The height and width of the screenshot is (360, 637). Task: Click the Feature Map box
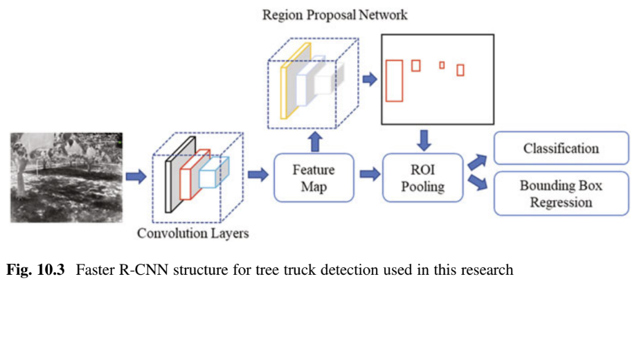[314, 178]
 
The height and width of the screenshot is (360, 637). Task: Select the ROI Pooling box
[424, 178]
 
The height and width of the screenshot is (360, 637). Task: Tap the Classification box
[561, 148]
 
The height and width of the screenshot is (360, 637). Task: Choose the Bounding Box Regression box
[561, 194]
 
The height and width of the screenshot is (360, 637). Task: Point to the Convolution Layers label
[192, 233]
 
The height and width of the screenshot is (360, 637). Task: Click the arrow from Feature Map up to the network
[315, 142]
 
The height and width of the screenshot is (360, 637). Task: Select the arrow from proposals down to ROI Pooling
[424, 139]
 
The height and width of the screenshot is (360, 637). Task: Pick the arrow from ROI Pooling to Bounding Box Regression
[477, 183]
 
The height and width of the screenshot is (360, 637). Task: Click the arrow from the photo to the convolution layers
[136, 177]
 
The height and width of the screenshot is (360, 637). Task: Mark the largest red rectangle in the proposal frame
[394, 81]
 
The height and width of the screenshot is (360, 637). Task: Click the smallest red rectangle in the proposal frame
[442, 65]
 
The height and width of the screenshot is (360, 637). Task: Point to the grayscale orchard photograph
[66, 177]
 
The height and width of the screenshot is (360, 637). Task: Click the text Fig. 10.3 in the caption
[35, 270]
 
